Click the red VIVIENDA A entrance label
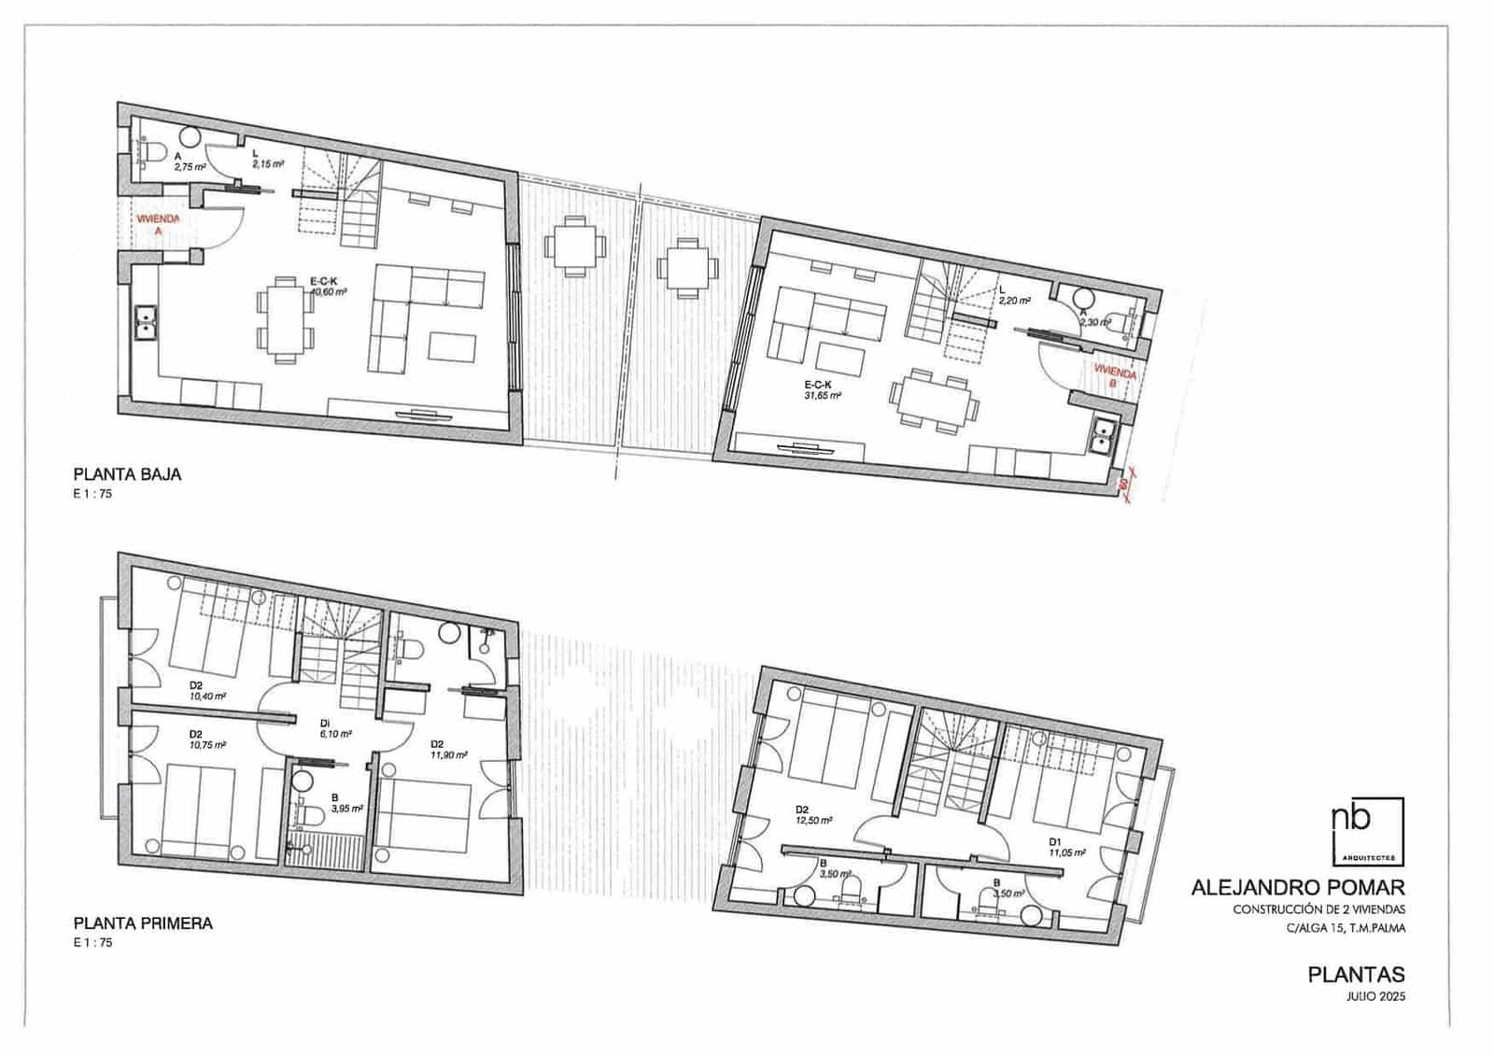pyautogui.click(x=158, y=223)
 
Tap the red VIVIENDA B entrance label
pyautogui.click(x=1115, y=377)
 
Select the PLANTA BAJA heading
pyautogui.click(x=127, y=474)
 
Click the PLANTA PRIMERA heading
pyautogui.click(x=143, y=923)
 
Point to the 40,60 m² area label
pyautogui.click(x=328, y=291)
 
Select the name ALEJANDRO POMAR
pyautogui.click(x=1298, y=888)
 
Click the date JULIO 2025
pyautogui.click(x=1375, y=996)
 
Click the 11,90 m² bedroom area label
pyautogui.click(x=448, y=754)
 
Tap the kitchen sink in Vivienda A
pyautogui.click(x=147, y=324)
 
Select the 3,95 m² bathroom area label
pyautogui.click(x=346, y=809)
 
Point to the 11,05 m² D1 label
pyautogui.click(x=1067, y=852)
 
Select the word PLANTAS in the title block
pyautogui.click(x=1356, y=975)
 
